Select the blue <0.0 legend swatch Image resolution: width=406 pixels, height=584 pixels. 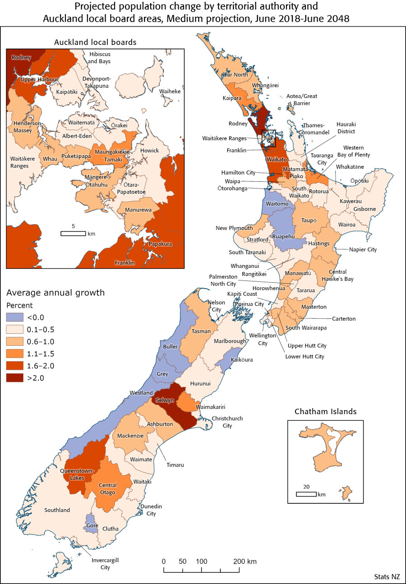15,317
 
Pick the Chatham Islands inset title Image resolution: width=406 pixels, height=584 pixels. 325,411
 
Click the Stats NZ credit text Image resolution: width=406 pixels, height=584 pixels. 387,577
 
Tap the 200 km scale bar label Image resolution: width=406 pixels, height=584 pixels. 245,561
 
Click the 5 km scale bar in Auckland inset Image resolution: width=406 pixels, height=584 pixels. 73,233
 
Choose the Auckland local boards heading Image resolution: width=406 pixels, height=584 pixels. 95,42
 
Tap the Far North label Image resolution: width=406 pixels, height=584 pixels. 235,74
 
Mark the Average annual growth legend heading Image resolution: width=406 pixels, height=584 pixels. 55,293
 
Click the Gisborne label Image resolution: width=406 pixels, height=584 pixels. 364,209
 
